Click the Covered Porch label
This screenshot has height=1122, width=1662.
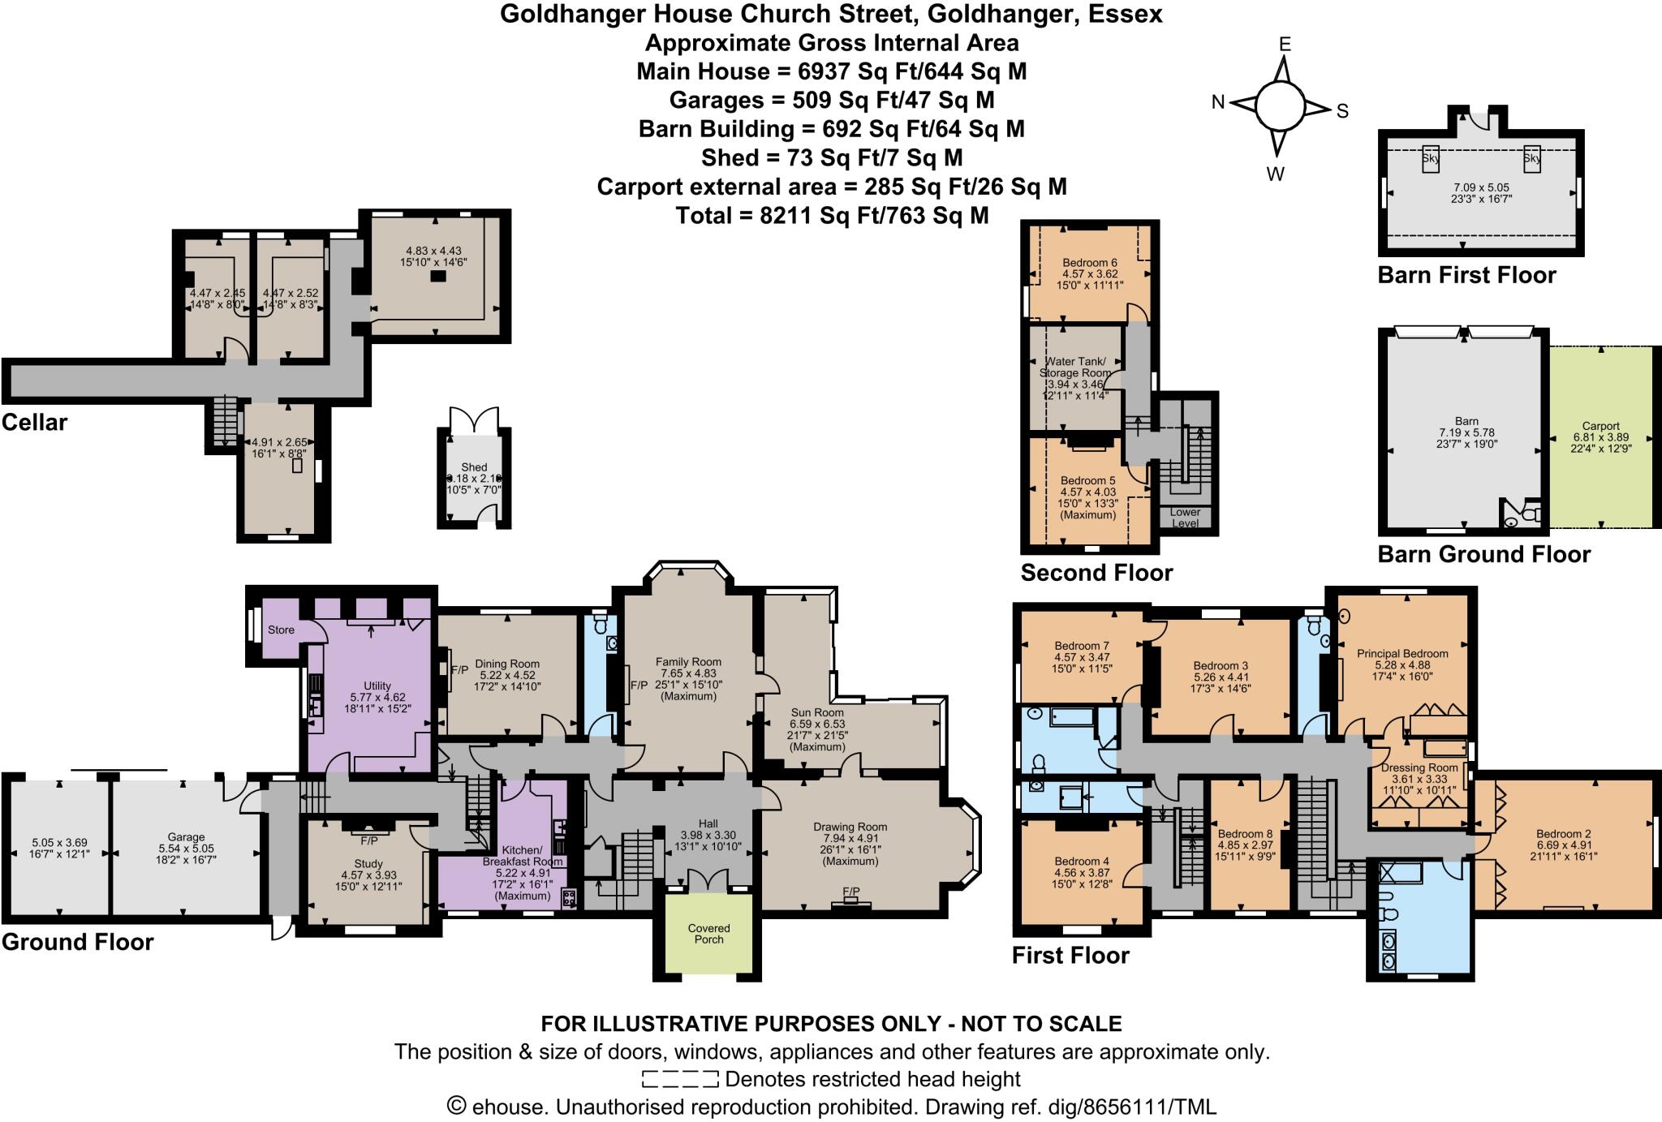[x=708, y=934]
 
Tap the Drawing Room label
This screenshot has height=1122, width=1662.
[x=850, y=827]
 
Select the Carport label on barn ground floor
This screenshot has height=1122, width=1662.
[x=1600, y=426]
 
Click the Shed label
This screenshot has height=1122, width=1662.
[x=474, y=467]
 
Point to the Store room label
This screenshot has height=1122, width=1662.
[x=281, y=630]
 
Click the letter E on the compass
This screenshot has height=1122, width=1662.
[x=1285, y=45]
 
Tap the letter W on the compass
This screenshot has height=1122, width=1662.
[x=1275, y=174]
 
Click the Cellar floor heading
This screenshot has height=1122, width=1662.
[x=34, y=422]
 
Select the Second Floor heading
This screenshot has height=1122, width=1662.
[x=1096, y=573]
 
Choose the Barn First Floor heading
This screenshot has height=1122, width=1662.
[x=1466, y=275]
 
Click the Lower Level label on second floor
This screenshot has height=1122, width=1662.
[x=1185, y=518]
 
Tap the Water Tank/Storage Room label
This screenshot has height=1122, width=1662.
[x=1077, y=367]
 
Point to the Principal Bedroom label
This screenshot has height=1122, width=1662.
[x=1402, y=653]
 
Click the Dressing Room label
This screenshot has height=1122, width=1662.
[x=1419, y=767]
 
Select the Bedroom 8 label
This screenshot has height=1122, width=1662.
[x=1245, y=833]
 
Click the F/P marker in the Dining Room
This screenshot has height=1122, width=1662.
[x=459, y=669]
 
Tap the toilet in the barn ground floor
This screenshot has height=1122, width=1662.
[x=1530, y=514]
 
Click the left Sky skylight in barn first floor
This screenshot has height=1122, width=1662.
[x=1430, y=158]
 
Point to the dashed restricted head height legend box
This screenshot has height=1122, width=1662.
[x=679, y=1079]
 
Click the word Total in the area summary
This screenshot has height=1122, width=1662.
[x=708, y=215]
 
